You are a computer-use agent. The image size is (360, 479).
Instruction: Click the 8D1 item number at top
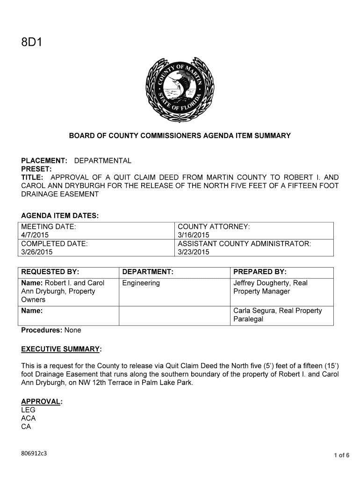pyautogui.click(x=31, y=44)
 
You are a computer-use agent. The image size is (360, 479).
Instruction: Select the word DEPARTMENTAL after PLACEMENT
pyautogui.click(x=103, y=161)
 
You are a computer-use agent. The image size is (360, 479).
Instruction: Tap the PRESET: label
pyautogui.click(x=36, y=169)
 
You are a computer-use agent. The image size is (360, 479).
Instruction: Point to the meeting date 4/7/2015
pyautogui.click(x=35, y=235)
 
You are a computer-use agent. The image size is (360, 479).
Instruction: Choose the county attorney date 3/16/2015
pyautogui.click(x=194, y=235)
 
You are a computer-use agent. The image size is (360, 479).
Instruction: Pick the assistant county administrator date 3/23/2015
pyautogui.click(x=194, y=252)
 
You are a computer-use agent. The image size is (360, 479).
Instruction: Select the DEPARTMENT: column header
pyautogui.click(x=148, y=272)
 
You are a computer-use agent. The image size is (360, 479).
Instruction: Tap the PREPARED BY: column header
pyautogui.click(x=259, y=272)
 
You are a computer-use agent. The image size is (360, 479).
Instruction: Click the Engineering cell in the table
pyautogui.click(x=141, y=283)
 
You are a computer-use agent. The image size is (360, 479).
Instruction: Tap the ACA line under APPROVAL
pyautogui.click(x=29, y=419)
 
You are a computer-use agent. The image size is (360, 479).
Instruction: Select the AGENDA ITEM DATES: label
pyautogui.click(x=60, y=216)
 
